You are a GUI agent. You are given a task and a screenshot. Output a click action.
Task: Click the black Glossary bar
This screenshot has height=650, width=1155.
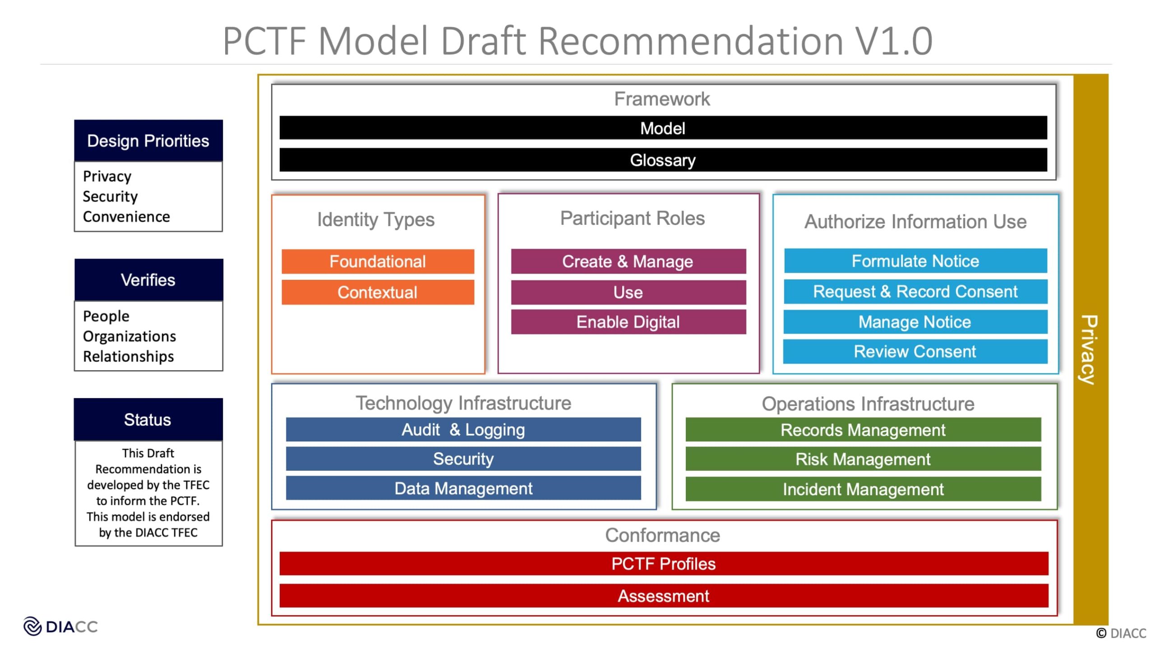pyautogui.click(x=663, y=160)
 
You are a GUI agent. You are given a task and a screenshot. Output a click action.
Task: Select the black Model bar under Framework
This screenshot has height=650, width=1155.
pyautogui.click(x=663, y=128)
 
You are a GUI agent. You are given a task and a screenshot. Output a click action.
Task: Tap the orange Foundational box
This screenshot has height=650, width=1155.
pyautogui.click(x=378, y=261)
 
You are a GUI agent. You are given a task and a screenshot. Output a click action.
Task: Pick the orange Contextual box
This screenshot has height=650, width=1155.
pyautogui.click(x=378, y=292)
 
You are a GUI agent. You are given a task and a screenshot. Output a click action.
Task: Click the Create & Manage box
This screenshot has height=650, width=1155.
pyautogui.click(x=628, y=261)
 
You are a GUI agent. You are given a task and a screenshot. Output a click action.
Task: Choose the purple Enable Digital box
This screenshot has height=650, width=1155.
pyautogui.click(x=628, y=322)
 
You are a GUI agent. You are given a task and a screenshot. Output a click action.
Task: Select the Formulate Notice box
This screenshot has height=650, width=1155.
pyautogui.click(x=915, y=261)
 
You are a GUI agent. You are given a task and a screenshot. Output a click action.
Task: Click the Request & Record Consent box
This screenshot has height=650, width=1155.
pyautogui.click(x=915, y=292)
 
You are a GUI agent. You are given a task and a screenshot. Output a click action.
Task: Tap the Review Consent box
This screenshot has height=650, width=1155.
pyautogui.click(x=915, y=352)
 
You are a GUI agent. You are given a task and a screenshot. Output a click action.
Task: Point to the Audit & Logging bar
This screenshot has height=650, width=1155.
pyautogui.click(x=463, y=430)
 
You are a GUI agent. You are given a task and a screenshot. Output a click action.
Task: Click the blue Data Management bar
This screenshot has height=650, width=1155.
pyautogui.click(x=463, y=488)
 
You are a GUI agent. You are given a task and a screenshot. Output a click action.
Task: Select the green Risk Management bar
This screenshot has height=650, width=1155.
pyautogui.click(x=863, y=459)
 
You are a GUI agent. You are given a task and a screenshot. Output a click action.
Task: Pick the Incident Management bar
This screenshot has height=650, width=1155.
pyautogui.click(x=863, y=489)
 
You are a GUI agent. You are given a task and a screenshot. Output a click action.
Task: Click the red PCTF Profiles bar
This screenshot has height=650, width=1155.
pyautogui.click(x=664, y=564)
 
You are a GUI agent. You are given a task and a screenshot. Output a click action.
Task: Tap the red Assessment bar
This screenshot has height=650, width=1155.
pyautogui.click(x=664, y=596)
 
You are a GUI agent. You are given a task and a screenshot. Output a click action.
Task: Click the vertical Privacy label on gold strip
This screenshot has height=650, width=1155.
pyautogui.click(x=1090, y=349)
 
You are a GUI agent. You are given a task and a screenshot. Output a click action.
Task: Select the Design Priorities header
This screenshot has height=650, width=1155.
pyautogui.click(x=148, y=141)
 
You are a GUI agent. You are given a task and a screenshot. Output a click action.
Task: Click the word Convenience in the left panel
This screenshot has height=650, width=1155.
pyautogui.click(x=126, y=217)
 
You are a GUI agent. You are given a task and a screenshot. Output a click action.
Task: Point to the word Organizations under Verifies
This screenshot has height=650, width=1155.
pyautogui.click(x=129, y=336)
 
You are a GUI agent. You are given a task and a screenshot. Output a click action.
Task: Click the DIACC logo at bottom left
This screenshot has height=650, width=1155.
pyautogui.click(x=60, y=627)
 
